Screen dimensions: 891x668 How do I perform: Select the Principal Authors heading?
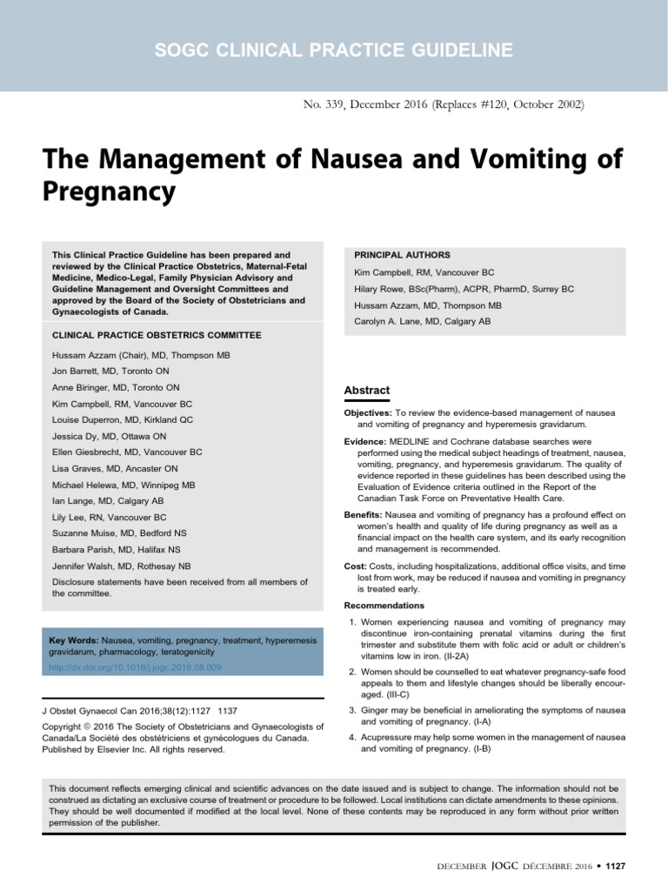[x=402, y=255]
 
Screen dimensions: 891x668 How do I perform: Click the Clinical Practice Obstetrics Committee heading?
[x=157, y=335]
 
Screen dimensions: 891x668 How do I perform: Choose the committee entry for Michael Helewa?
[x=90, y=485]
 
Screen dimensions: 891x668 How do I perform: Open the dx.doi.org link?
[x=137, y=667]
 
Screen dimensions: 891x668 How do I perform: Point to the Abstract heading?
[x=368, y=391]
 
